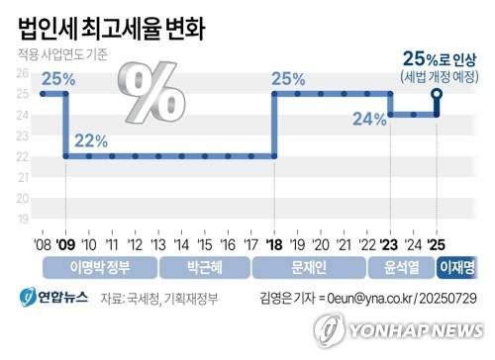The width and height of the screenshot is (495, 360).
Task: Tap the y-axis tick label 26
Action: coord(23,74)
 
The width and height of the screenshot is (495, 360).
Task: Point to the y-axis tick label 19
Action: coord(23,219)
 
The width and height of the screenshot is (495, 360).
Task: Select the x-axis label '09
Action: coord(64,243)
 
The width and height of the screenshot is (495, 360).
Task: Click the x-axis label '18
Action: coord(273,243)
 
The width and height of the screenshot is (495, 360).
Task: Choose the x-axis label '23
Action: coord(389,243)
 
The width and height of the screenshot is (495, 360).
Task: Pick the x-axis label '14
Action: coord(181,243)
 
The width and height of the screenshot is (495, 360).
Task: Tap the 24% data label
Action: coord(368,119)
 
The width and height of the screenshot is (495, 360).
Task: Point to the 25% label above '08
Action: coord(57,78)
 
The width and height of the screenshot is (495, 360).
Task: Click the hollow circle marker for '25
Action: coord(436,94)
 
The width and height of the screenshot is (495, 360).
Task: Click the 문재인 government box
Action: coord(310,267)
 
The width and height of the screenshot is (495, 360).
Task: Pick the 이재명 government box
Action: coord(457,267)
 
